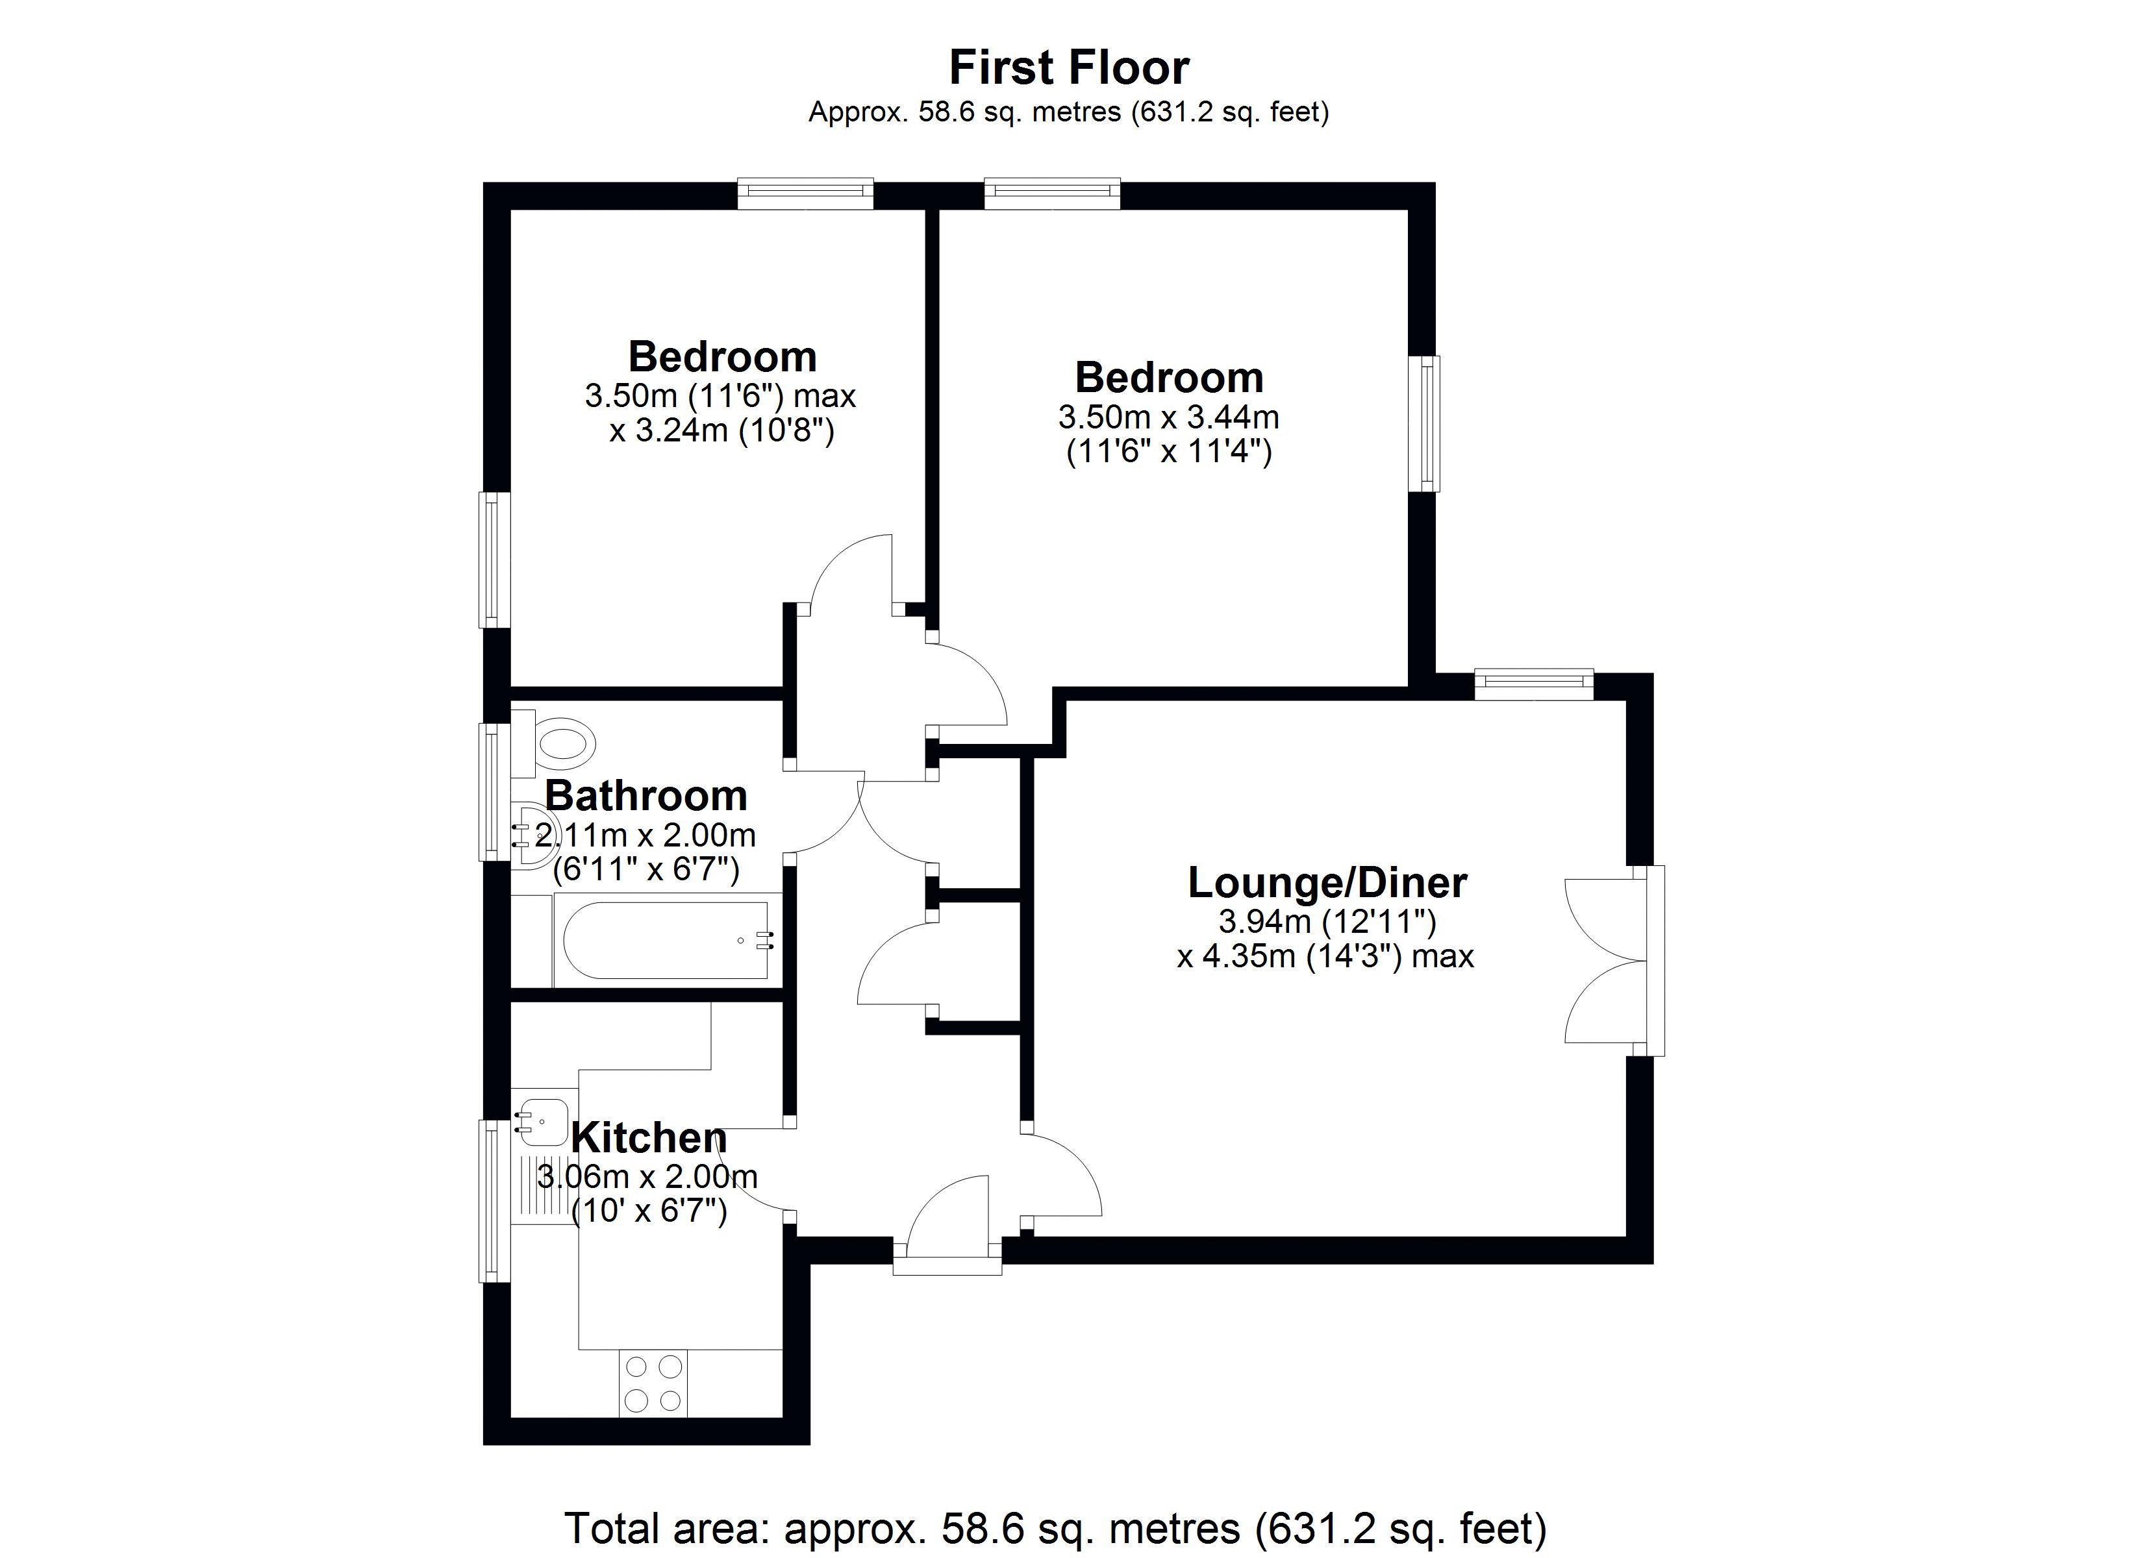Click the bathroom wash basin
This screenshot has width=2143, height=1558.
point(531,834)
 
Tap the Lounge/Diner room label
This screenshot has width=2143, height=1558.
point(1327,882)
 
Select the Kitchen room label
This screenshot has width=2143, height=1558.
point(649,1137)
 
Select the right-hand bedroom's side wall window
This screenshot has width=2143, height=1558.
point(1425,423)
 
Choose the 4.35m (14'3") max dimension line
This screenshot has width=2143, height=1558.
point(1325,956)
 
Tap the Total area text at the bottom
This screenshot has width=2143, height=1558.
point(1055,1527)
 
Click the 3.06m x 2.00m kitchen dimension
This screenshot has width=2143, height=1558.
point(647,1176)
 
